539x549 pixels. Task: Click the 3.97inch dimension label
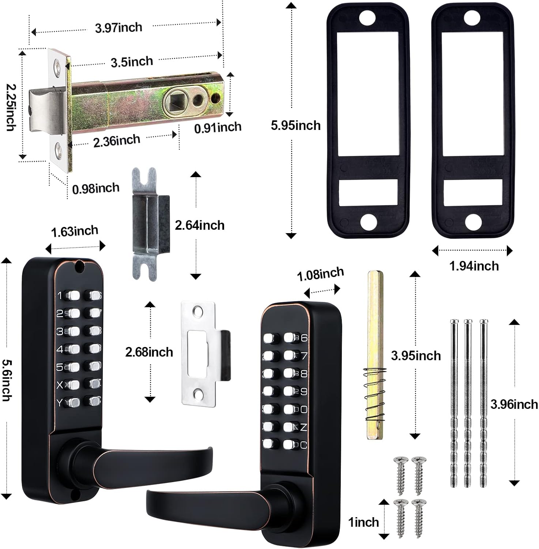click(x=118, y=27)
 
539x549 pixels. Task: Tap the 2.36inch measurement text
click(x=117, y=141)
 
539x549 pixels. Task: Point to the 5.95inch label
click(x=295, y=126)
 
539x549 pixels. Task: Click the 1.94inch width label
click(x=474, y=266)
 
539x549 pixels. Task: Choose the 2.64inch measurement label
click(x=199, y=225)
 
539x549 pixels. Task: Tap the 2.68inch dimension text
click(x=149, y=352)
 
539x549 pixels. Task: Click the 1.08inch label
click(x=320, y=274)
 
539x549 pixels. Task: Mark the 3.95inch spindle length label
click(x=416, y=355)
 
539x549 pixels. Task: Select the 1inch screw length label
click(x=363, y=522)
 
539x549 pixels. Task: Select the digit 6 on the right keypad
click(x=304, y=338)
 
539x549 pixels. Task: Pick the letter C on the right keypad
click(x=304, y=445)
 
